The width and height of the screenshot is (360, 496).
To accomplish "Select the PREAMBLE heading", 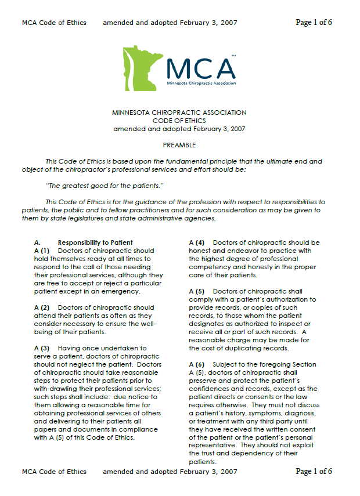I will [179, 145].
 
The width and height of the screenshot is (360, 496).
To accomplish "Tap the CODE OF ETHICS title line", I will [179, 121].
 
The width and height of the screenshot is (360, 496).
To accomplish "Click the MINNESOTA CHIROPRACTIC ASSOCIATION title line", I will [179, 113].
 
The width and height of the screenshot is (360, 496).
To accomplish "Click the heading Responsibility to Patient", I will [95, 242].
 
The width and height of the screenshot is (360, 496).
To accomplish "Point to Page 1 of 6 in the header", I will [314, 23].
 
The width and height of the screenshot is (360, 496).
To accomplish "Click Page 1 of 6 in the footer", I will [314, 472].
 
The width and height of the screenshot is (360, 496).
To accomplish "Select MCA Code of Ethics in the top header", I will [54, 23].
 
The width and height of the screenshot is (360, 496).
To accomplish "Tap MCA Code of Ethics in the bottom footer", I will [54, 472].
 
